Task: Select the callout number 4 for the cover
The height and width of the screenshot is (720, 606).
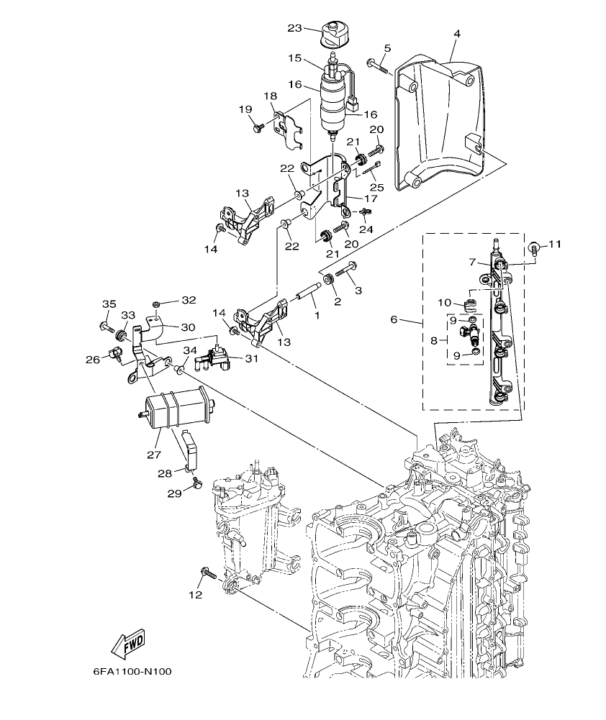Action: point(456,33)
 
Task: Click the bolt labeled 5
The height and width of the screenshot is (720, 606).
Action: point(377,67)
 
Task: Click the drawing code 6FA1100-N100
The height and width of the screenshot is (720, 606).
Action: point(132,673)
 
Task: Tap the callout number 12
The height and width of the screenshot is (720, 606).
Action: point(196,595)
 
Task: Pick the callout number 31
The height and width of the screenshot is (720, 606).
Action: point(250,359)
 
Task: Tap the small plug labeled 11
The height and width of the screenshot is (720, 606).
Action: point(533,250)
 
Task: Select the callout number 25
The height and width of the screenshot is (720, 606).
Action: point(376,187)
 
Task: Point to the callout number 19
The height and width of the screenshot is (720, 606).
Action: point(245,109)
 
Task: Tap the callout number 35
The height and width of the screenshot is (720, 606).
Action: point(108,304)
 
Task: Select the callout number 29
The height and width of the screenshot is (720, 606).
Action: point(174,493)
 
